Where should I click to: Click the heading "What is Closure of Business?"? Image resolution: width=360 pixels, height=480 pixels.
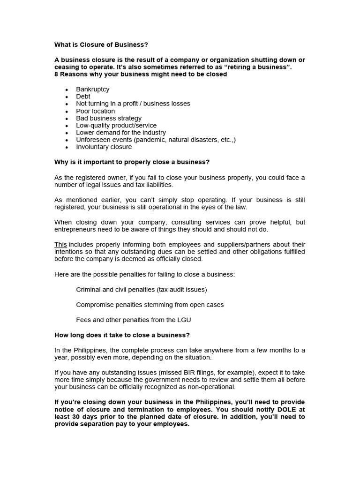tap(101, 45)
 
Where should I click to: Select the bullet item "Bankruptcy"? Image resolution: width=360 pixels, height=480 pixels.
tap(92, 89)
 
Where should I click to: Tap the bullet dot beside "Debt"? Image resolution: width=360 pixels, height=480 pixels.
tap(67, 97)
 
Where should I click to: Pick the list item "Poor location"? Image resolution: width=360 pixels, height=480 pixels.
tap(95, 111)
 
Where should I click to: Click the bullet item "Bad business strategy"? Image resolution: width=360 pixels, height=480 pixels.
tap(108, 118)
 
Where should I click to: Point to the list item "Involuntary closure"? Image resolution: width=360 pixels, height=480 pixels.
tap(104, 147)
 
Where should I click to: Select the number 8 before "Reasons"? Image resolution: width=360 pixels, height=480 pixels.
tap(56, 74)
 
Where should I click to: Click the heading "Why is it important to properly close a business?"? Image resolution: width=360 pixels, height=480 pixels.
tap(132, 162)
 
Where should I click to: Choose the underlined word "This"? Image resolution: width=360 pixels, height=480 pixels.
tap(60, 244)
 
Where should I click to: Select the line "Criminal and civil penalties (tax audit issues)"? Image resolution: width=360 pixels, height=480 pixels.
tap(141, 290)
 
